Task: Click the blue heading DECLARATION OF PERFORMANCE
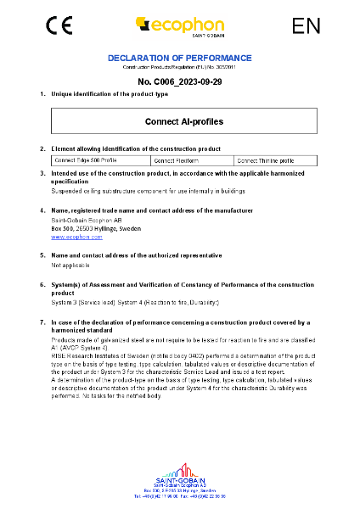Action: pyautogui.click(x=179, y=58)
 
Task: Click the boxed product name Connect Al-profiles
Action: pyautogui.click(x=179, y=121)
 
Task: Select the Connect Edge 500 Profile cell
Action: pyautogui.click(x=74, y=159)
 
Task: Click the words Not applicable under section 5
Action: pyautogui.click(x=70, y=265)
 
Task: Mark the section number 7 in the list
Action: pyautogui.click(x=42, y=322)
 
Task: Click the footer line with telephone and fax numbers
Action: pyautogui.click(x=179, y=496)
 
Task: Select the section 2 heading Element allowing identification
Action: pyautogui.click(x=136, y=148)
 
